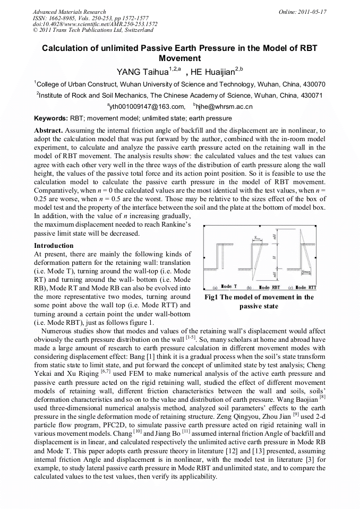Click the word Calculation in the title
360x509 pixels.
[66, 48]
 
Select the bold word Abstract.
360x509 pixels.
[48, 130]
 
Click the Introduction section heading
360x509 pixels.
[54, 246]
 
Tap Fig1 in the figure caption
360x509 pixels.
[212, 297]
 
